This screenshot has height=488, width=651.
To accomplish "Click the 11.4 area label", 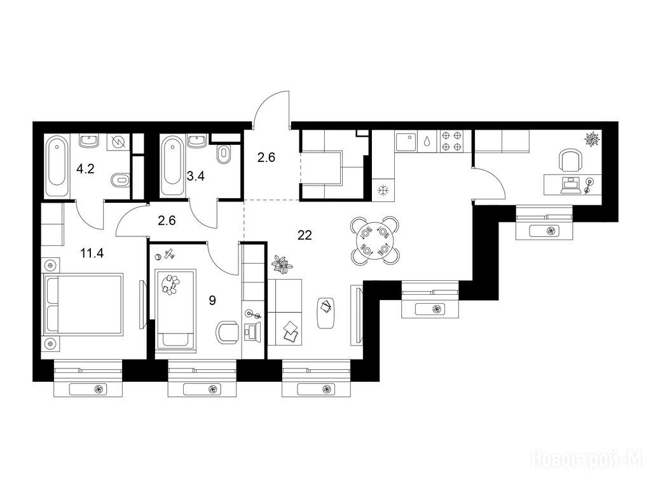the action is (92, 253).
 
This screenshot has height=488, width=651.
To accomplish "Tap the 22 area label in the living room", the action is (305, 235).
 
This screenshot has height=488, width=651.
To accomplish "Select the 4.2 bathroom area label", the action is (85, 169).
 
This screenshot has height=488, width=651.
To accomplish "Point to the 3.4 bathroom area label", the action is (195, 177).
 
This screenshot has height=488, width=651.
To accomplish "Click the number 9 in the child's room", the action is (212, 301).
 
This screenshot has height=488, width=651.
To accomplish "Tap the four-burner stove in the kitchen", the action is (451, 140).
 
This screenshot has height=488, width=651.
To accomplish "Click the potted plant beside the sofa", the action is (282, 265).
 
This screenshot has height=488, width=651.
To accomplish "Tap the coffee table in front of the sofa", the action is (326, 313).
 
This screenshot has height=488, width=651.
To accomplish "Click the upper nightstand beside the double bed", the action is (51, 265).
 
